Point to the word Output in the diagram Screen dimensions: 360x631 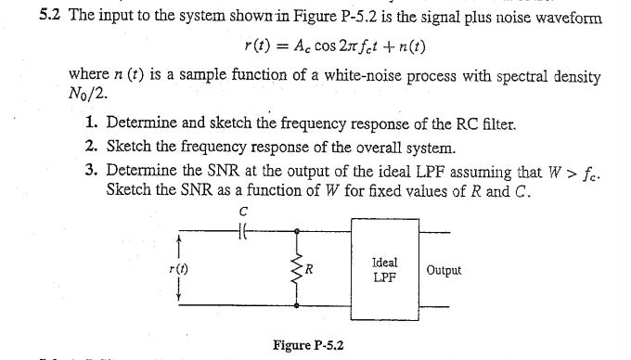pos(444,270)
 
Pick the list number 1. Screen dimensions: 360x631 pos(89,123)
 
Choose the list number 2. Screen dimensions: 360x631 pos(89,147)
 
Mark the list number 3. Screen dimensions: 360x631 pos(89,170)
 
